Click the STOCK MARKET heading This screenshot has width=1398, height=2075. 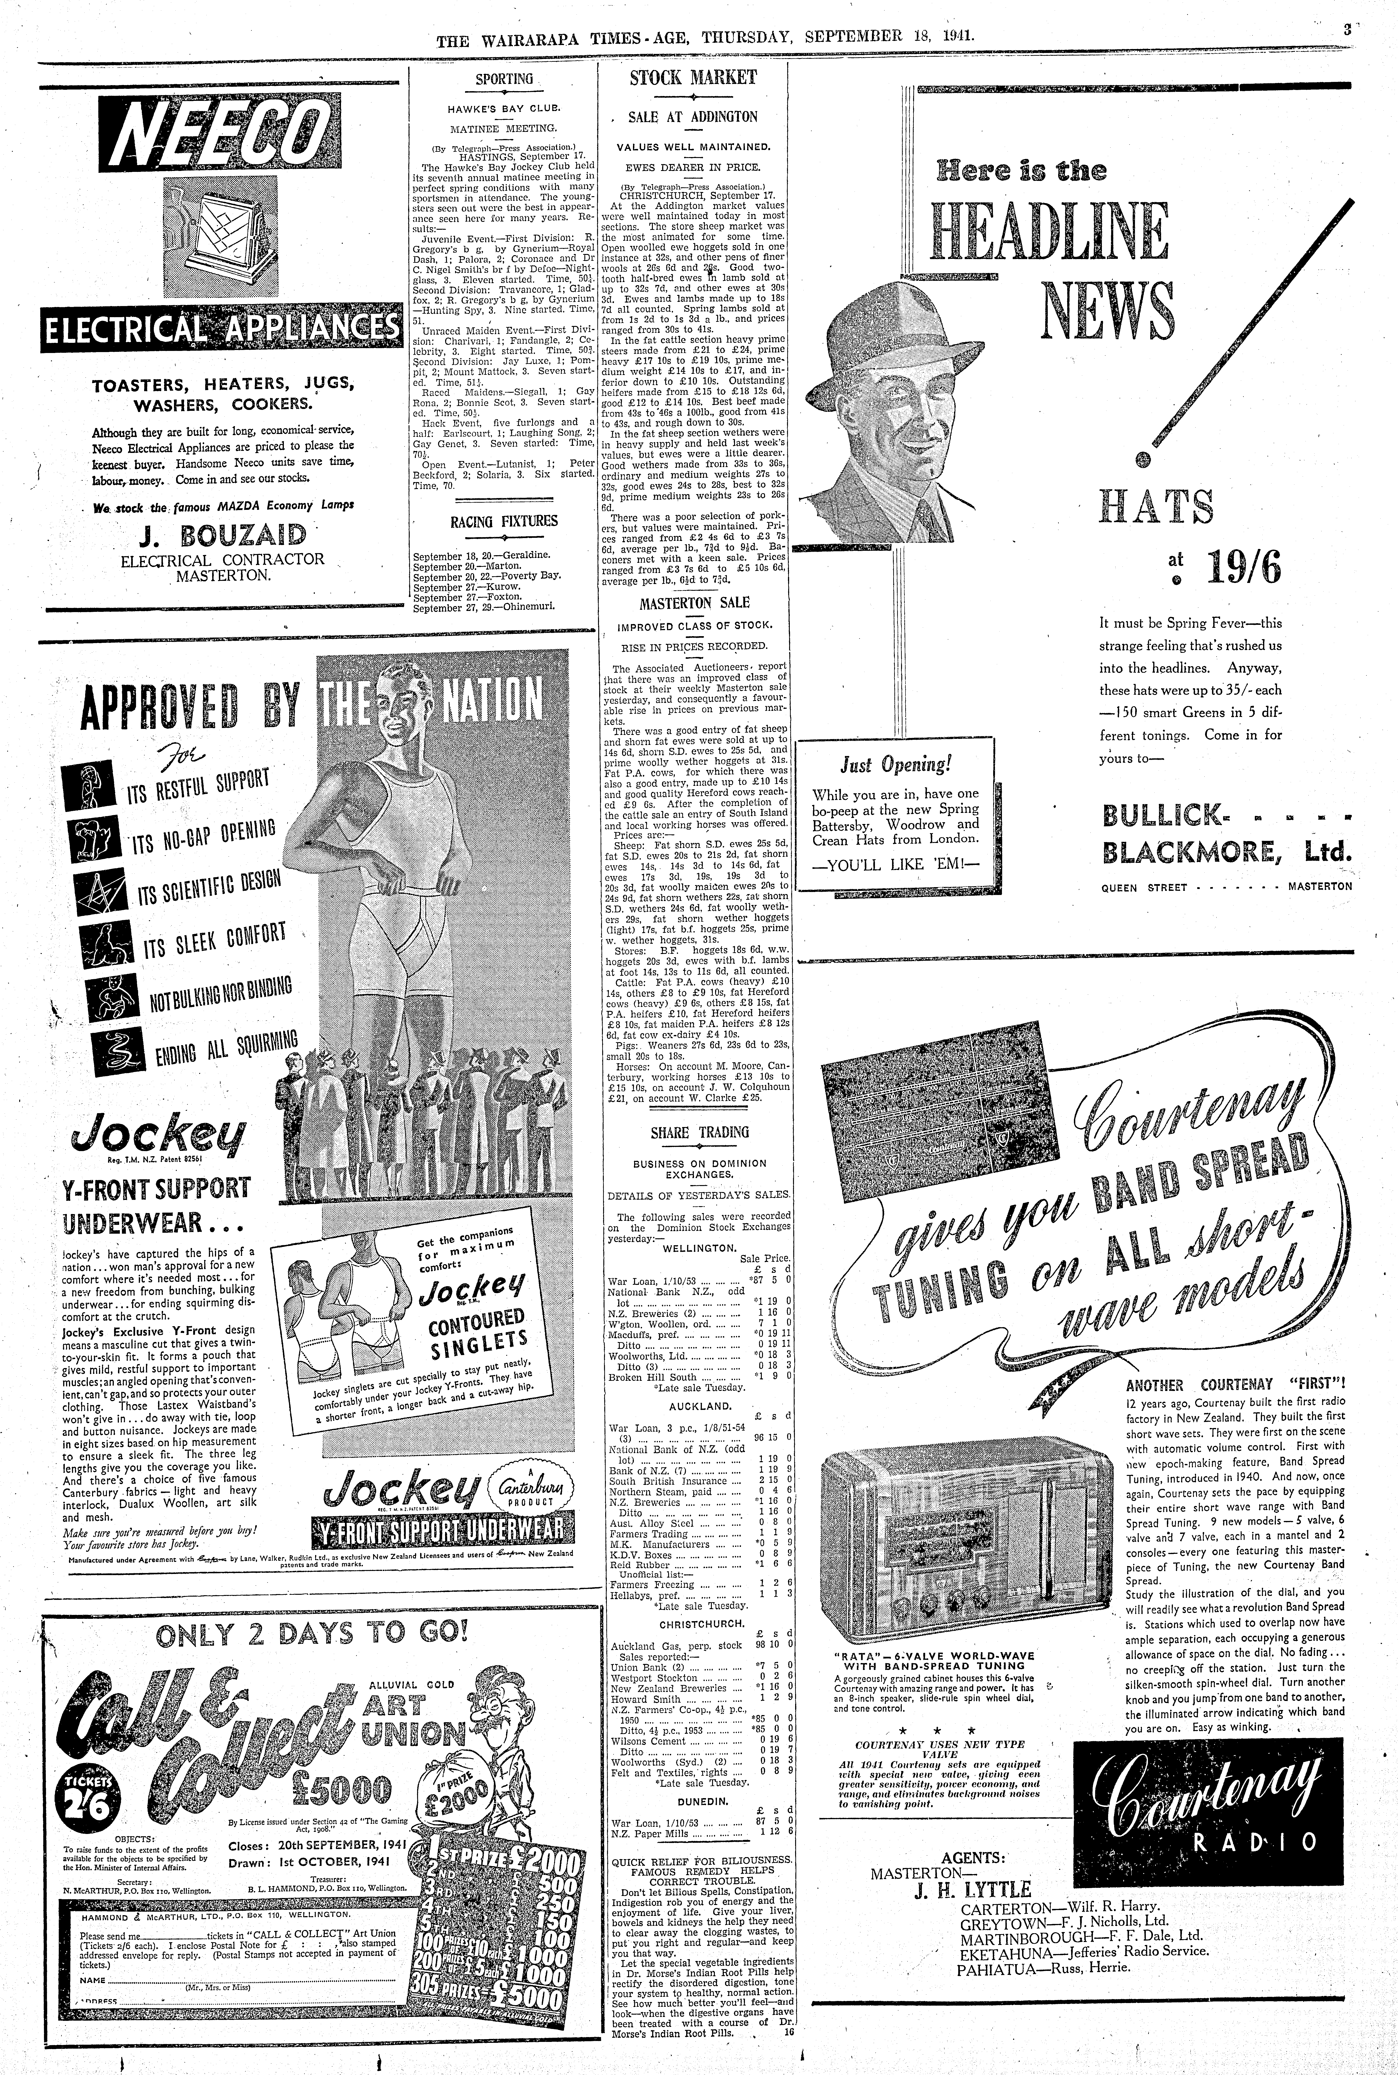693,77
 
